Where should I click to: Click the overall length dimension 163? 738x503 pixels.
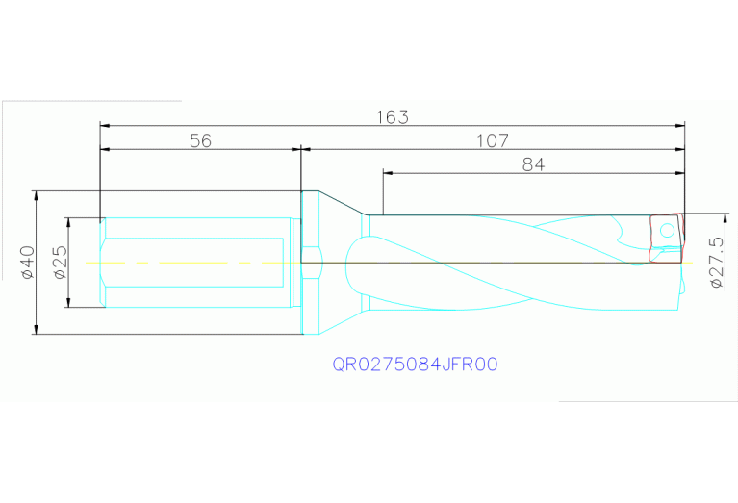pyautogui.click(x=392, y=117)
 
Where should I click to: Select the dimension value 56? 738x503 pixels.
pyautogui.click(x=199, y=141)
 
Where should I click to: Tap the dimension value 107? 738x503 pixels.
pyautogui.click(x=492, y=141)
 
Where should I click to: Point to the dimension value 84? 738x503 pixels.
pyautogui.click(x=533, y=164)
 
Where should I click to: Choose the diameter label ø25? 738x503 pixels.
pyautogui.click(x=59, y=262)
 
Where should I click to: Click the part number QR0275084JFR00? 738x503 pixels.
pyautogui.click(x=415, y=365)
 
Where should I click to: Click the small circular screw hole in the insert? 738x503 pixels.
pyautogui.click(x=665, y=230)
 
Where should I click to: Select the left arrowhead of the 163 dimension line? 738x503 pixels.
pyautogui.click(x=106, y=125)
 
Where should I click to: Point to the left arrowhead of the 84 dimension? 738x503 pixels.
pyautogui.click(x=389, y=173)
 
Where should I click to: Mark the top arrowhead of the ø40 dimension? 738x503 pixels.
pyautogui.click(x=35, y=194)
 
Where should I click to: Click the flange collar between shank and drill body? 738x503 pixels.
pyautogui.click(x=310, y=262)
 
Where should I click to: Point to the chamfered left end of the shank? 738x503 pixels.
pyautogui.click(x=103, y=263)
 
